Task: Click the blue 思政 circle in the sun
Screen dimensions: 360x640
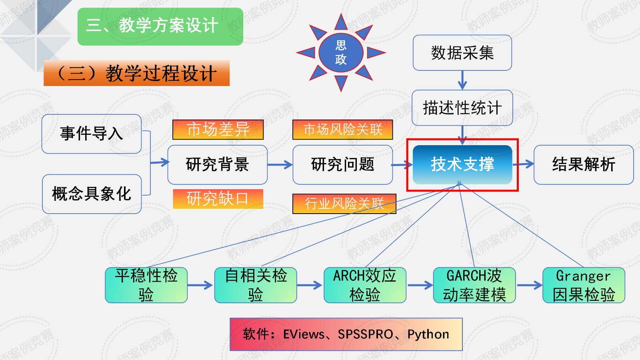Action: (341, 52)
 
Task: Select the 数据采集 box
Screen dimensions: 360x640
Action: (462, 53)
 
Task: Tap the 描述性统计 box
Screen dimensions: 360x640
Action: (462, 108)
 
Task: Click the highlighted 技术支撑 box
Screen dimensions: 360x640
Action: (462, 164)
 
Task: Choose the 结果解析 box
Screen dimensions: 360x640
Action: (583, 164)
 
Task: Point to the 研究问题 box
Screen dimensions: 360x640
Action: (342, 164)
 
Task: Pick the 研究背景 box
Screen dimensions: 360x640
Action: (217, 164)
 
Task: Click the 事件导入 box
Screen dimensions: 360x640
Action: (91, 134)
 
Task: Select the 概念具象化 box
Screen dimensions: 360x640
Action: (91, 194)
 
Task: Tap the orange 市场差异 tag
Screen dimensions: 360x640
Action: (218, 130)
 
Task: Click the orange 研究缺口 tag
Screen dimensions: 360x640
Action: (218, 199)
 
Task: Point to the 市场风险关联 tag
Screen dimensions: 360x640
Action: (342, 130)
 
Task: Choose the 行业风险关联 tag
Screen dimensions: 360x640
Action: (344, 204)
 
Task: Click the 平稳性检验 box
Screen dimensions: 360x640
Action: (146, 285)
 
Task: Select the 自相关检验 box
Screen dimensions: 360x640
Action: (256, 285)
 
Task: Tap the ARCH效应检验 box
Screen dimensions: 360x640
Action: (365, 285)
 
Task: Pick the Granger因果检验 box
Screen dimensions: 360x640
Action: (583, 285)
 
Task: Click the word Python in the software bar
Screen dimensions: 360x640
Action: (428, 334)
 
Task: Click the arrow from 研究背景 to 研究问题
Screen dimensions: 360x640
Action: (280, 164)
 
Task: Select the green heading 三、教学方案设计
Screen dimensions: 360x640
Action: (160, 26)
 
